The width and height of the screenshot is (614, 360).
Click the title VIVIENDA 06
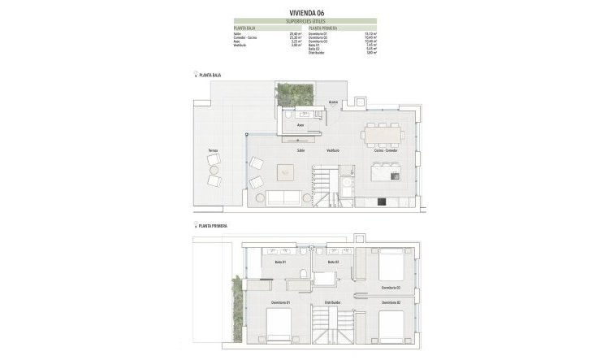pos(306,13)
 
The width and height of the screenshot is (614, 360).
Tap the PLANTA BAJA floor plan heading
pos(209,75)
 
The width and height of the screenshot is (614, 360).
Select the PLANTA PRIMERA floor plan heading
pos(212,223)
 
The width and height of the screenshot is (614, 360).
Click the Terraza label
pos(212,152)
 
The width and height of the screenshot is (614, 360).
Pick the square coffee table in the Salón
pos(286,171)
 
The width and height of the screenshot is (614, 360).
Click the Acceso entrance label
pos(333,102)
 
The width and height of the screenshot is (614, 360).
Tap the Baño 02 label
pos(332,262)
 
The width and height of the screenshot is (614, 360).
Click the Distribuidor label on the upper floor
pos(331,302)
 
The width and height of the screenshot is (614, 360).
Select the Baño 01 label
pos(279,262)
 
